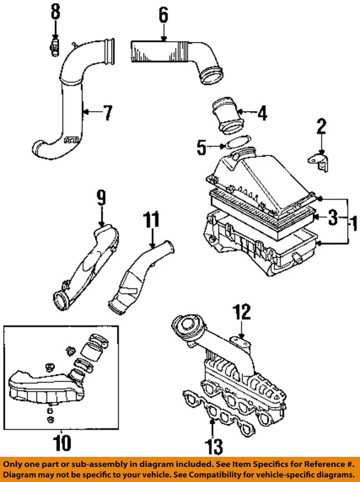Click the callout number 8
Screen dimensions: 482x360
point(55,11)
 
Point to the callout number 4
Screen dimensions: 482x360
point(262,113)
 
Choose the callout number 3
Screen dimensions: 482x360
point(332,217)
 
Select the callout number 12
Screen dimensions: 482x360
point(241,313)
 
